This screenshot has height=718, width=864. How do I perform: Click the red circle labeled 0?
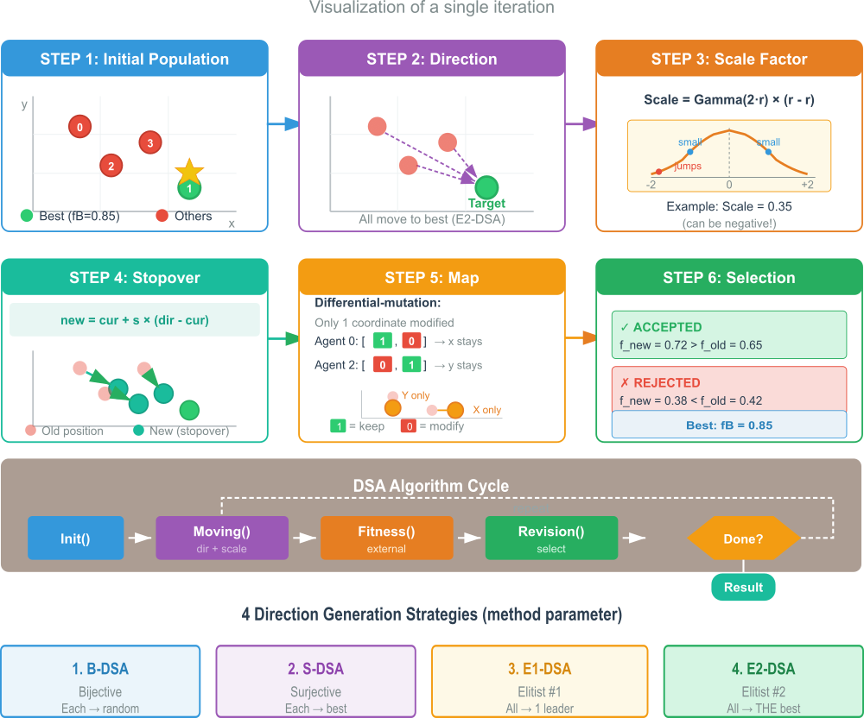point(79,127)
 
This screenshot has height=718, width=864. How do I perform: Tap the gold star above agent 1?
point(189,172)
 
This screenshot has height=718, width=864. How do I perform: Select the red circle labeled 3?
point(150,142)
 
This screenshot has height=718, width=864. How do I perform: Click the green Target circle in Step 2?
point(486,187)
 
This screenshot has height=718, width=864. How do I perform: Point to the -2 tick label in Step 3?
point(652,185)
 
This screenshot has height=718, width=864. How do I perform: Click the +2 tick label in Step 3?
point(807,185)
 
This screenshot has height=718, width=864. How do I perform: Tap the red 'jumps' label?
point(688,166)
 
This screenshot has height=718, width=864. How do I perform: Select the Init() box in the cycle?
point(75,538)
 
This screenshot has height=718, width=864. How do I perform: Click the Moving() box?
point(221,538)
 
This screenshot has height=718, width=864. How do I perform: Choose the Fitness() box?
point(386,538)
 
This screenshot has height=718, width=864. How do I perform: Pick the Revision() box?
point(551,538)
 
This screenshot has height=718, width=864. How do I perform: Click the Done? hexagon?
point(743,538)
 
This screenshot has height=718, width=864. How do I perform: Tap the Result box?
point(743,588)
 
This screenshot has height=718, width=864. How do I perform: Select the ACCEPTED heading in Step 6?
point(667,327)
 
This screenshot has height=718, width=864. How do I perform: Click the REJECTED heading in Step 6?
point(666,382)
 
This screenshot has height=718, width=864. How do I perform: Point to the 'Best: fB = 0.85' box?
point(729,425)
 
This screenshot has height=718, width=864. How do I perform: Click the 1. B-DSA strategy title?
point(100,669)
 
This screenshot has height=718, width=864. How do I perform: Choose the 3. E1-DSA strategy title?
point(539,669)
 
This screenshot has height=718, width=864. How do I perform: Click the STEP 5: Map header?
point(432,278)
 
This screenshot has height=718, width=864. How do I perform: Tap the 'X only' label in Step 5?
point(486,410)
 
